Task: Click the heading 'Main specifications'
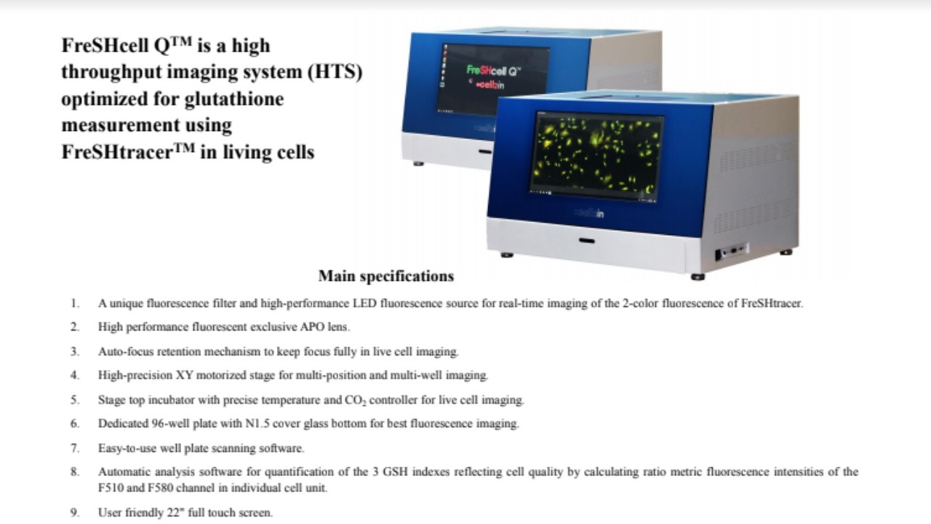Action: [386, 276]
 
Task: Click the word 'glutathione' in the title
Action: [234, 99]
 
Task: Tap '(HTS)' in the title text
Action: [335, 71]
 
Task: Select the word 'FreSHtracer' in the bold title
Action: [117, 152]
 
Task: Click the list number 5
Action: [75, 400]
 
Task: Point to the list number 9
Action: [75, 512]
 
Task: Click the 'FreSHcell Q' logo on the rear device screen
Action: [493, 71]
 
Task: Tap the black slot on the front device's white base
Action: [586, 240]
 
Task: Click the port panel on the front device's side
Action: [731, 251]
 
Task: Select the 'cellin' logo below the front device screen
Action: [589, 213]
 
